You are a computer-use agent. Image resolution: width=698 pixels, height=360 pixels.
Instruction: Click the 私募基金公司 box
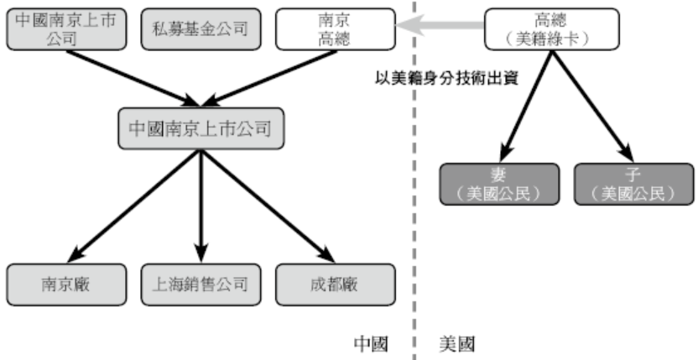click(x=201, y=28)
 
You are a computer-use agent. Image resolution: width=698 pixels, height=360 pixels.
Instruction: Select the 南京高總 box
click(x=333, y=28)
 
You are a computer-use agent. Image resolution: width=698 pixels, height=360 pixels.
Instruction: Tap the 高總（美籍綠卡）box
click(x=551, y=28)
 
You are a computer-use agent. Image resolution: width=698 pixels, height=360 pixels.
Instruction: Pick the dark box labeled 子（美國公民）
click(x=633, y=183)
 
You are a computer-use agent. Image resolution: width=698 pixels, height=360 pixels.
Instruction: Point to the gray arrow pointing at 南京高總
click(x=440, y=28)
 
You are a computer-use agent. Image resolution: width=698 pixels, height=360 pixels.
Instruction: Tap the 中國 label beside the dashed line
click(x=370, y=344)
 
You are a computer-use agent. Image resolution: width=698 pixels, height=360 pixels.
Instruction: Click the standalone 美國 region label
click(x=457, y=344)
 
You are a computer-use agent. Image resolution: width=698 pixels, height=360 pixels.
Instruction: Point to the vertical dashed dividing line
click(x=413, y=210)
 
